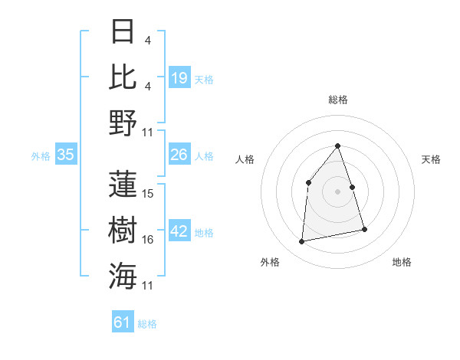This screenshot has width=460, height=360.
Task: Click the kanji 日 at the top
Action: pos(123,31)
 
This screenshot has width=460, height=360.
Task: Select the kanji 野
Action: pos(123,123)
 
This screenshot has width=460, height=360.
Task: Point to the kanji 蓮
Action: pos(123,184)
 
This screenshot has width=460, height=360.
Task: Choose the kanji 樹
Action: pos(123,229)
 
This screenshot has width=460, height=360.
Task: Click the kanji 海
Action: pos(123,274)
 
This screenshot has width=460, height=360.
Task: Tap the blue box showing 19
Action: pos(179,77)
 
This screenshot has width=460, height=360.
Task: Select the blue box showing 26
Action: pos(179,155)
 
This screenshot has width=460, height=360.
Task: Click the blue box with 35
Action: pos(66,155)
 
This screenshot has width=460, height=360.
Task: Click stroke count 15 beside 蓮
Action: pos(149,194)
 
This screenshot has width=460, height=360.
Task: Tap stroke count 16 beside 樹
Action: pos(149,240)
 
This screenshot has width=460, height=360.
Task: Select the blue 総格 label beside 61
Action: pos(147,324)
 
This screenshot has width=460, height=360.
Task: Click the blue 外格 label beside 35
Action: pos(41,156)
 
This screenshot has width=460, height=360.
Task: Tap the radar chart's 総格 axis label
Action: pos(337,100)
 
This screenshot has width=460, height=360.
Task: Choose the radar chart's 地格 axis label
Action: pos(402,262)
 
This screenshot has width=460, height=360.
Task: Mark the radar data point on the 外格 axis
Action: pos(302,241)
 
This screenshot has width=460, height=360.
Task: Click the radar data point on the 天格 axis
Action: pos(352,187)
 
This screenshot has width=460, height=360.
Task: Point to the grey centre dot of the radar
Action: pos(337,191)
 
